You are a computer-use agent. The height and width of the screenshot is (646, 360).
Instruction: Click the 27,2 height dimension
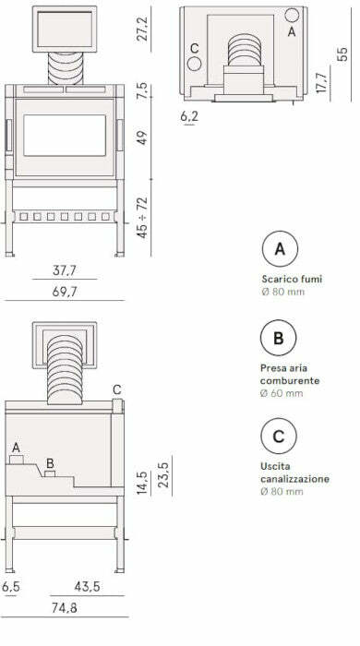(142, 30)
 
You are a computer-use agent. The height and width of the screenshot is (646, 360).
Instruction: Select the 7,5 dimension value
(142, 90)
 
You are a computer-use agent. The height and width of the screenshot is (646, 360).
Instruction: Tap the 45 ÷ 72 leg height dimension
(142, 218)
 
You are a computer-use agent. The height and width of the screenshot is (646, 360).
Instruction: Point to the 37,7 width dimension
(65, 271)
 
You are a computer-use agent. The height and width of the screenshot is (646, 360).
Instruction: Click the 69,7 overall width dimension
(65, 293)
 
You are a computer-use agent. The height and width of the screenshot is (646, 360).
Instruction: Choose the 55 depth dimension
(342, 54)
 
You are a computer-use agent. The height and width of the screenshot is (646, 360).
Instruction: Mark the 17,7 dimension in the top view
(321, 83)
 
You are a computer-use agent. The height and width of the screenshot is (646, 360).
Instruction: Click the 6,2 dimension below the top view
(189, 116)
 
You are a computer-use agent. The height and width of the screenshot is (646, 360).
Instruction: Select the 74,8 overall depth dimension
(65, 608)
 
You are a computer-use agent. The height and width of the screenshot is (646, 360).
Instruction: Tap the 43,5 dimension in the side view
(88, 587)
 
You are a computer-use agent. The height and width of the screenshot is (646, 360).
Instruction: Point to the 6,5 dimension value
(11, 587)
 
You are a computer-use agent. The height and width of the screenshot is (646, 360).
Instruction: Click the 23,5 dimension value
(163, 475)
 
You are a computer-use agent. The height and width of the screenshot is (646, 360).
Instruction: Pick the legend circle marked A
(280, 248)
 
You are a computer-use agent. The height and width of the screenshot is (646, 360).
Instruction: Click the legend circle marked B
(279, 338)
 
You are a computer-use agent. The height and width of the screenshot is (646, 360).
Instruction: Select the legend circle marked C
(279, 436)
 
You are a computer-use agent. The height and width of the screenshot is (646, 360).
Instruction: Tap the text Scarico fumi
(292, 279)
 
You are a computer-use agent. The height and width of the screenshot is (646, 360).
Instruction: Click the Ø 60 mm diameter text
(282, 393)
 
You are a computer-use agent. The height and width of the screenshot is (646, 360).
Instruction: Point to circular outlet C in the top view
(194, 64)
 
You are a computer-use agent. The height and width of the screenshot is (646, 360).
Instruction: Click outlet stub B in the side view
(50, 473)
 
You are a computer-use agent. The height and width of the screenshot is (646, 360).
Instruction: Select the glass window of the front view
(65, 136)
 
